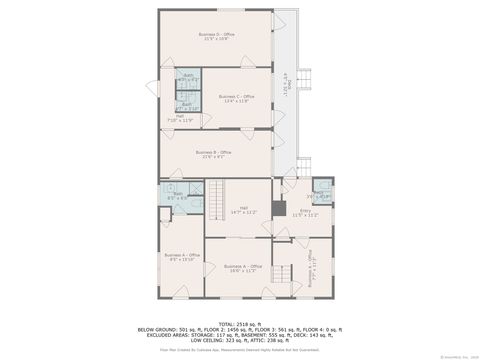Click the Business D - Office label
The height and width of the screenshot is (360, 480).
(216, 36)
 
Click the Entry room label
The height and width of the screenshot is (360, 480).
(305, 212)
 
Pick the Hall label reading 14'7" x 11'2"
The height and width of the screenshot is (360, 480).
(244, 211)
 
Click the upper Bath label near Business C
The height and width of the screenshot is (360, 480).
(188, 77)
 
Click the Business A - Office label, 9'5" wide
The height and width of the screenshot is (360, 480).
(179, 257)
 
